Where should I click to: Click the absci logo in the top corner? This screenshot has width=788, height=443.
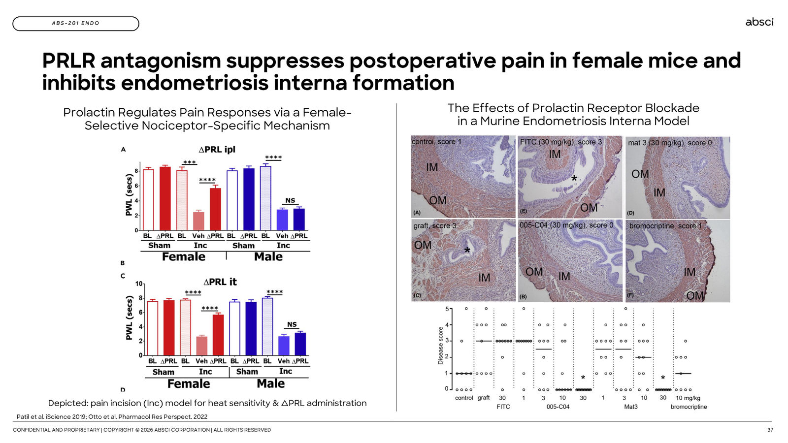tap(759, 22)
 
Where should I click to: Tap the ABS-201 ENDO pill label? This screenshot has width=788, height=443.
tap(76, 24)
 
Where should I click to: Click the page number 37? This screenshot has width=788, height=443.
tap(770, 430)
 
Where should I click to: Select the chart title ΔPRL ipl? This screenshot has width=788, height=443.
tap(217, 150)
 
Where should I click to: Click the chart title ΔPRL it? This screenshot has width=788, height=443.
tap(220, 282)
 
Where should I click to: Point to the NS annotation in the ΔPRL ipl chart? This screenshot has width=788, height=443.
tap(290, 200)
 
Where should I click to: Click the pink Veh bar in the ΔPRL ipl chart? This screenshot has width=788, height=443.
tap(198, 221)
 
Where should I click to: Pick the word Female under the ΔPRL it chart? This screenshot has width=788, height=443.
tap(189, 383)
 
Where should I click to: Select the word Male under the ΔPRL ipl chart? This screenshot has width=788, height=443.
tap(268, 256)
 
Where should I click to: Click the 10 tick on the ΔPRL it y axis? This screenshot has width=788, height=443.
tap(139, 284)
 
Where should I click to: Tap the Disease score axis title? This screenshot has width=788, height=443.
tap(440, 345)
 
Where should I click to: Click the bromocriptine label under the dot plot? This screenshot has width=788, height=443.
tap(689, 407)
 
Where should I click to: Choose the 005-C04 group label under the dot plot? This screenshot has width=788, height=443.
tap(558, 407)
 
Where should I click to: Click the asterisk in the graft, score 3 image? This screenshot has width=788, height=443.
tap(467, 251)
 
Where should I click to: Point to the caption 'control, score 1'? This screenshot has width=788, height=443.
tap(436, 142)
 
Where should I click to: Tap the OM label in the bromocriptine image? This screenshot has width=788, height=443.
tap(695, 296)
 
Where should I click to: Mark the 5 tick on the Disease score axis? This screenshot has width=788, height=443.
tap(447, 309)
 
